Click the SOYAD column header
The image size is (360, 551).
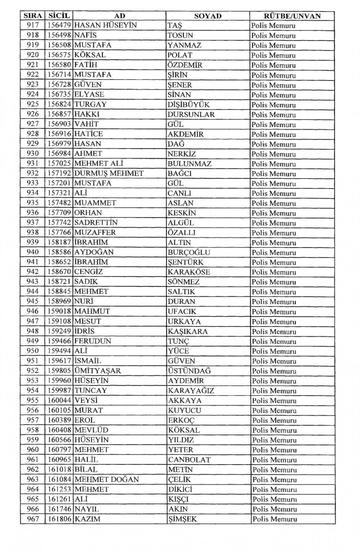pos(208,16)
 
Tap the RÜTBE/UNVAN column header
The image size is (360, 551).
pos(292,16)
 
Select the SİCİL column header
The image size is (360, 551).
pos(59,15)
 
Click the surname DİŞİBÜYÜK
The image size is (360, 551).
pos(188,105)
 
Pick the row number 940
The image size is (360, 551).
pos(33,252)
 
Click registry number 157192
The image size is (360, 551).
pos(59,173)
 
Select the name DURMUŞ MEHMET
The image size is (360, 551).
pos(109,173)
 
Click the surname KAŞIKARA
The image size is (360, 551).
pos(188,331)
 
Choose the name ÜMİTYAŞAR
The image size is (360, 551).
pos(98,371)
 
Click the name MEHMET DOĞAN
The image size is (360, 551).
pos(107,479)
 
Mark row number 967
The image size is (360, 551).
pos(33,519)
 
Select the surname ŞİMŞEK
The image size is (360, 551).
pos(183,519)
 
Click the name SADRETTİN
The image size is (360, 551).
pos(96,223)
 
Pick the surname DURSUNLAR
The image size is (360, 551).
pos(191,114)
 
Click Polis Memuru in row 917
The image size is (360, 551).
pos(273,26)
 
